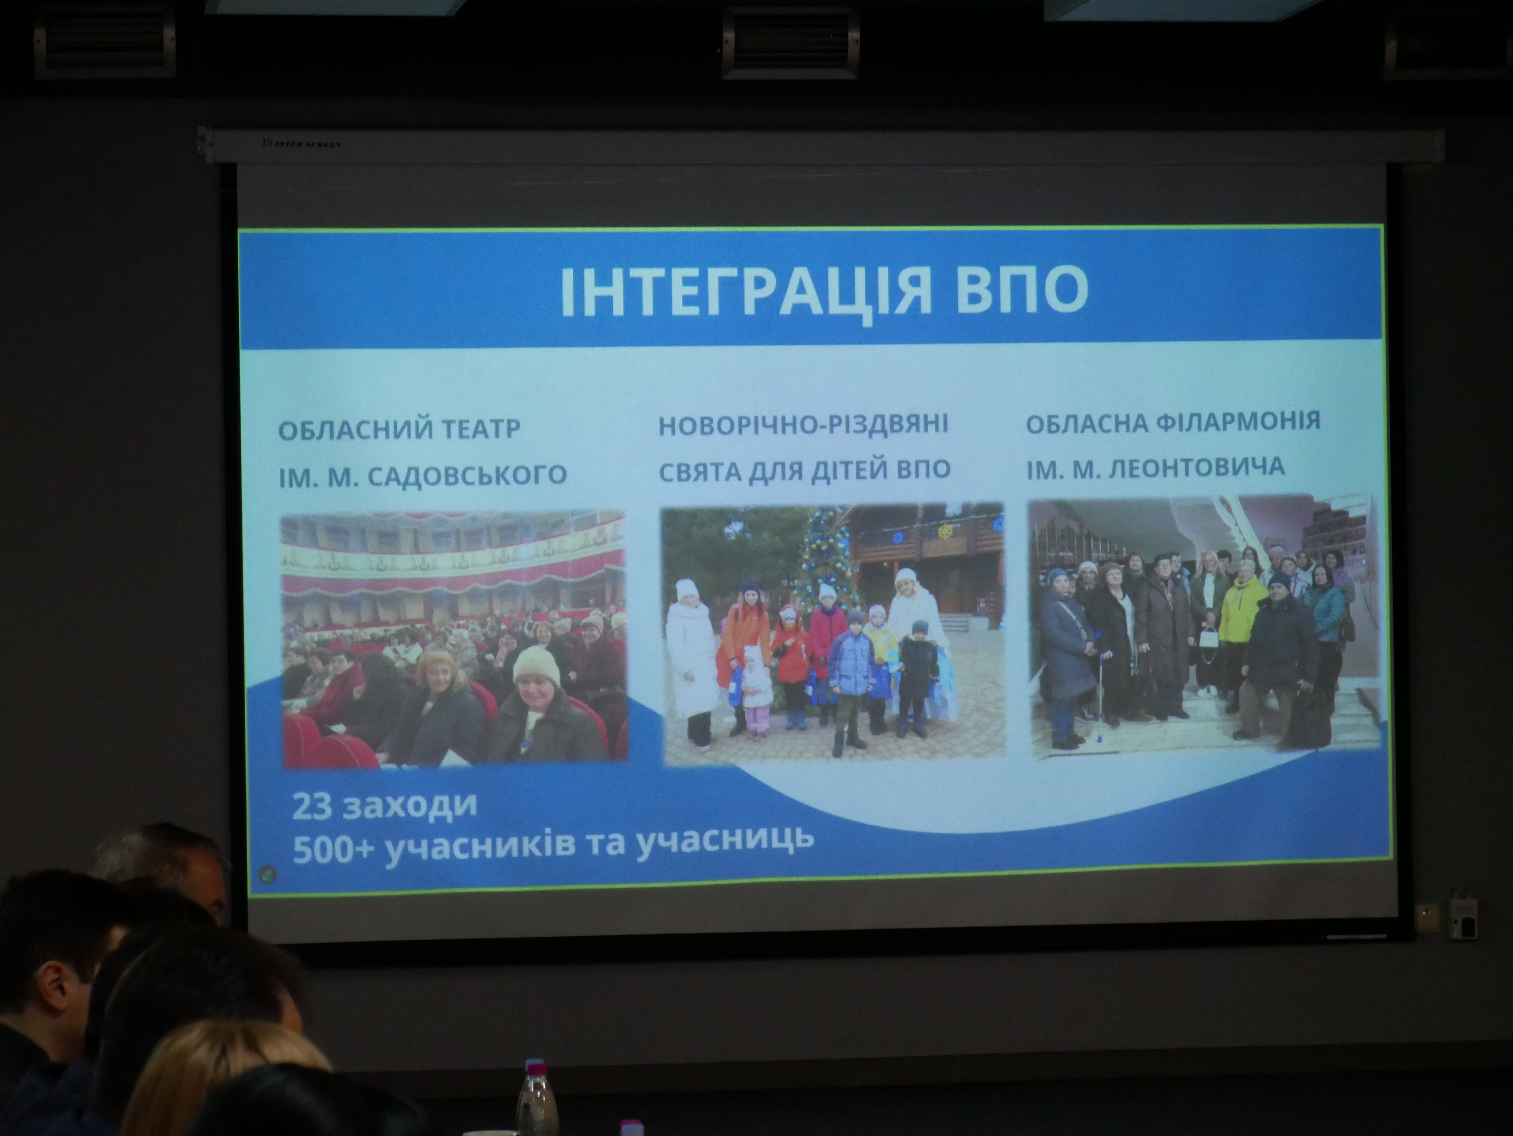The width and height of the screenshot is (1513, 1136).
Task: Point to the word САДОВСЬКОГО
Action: click(x=467, y=475)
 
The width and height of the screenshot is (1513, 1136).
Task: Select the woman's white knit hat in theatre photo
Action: click(x=536, y=665)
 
